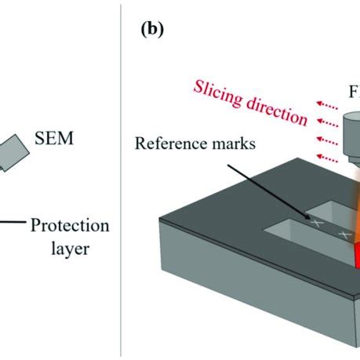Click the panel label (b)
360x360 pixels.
pyautogui.click(x=153, y=31)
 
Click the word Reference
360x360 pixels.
pyautogui.click(x=163, y=144)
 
